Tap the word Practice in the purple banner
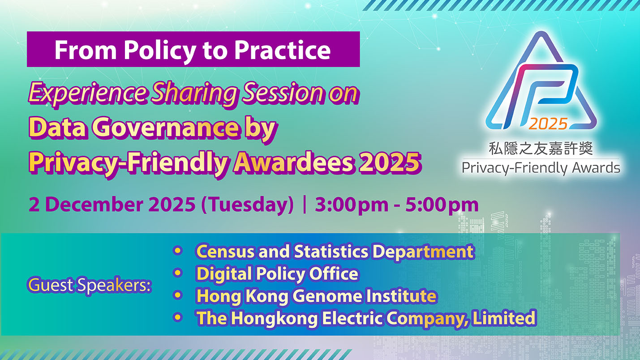(x=283, y=50)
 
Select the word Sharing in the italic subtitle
(x=194, y=94)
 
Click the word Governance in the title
(x=166, y=129)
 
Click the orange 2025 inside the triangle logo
(x=548, y=123)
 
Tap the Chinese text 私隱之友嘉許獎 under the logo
(x=541, y=148)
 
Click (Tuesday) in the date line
(x=247, y=205)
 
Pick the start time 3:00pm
(x=351, y=205)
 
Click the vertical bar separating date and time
(x=305, y=205)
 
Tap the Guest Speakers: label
(x=90, y=285)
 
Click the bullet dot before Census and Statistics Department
(x=178, y=251)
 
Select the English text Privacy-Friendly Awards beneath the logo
(x=541, y=168)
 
